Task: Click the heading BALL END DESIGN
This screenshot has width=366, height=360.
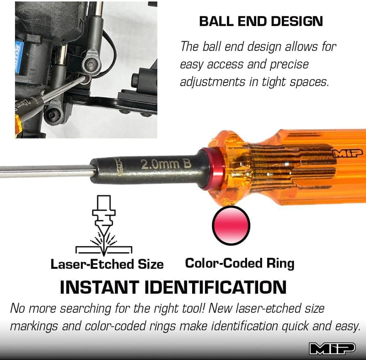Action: [x=261, y=21]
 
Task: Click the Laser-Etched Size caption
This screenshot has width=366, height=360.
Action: [x=107, y=264]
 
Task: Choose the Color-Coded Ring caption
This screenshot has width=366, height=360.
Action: [x=239, y=263]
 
